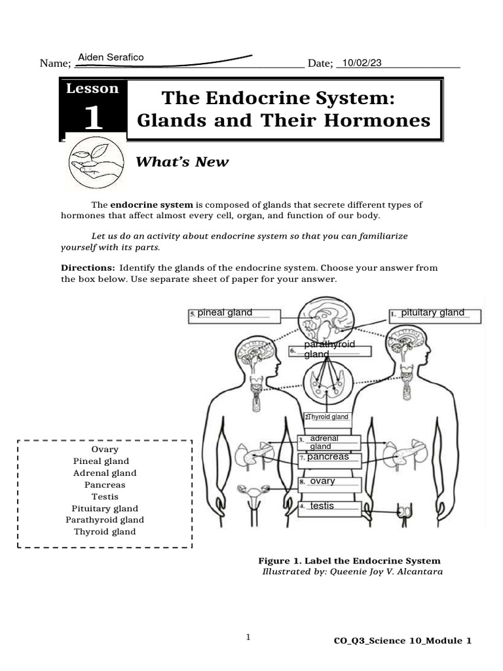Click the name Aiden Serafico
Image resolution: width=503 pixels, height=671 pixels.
click(111, 58)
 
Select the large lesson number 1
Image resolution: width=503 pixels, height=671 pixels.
click(93, 118)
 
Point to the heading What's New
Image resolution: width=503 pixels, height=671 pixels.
click(181, 162)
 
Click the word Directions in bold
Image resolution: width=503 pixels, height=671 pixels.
click(88, 268)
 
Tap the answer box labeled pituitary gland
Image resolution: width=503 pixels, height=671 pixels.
click(434, 316)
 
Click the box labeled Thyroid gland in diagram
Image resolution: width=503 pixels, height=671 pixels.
click(327, 417)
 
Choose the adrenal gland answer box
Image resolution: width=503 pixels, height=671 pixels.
click(329, 442)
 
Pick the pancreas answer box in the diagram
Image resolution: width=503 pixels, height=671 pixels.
click(330, 459)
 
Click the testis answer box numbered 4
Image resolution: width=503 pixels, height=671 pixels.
click(329, 507)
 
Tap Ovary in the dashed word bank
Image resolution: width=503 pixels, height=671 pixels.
click(105, 450)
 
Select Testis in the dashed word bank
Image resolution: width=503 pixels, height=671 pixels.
click(105, 497)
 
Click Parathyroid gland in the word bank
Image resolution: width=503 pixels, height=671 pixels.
click(105, 520)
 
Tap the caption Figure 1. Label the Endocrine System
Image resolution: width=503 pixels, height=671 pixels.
click(349, 561)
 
